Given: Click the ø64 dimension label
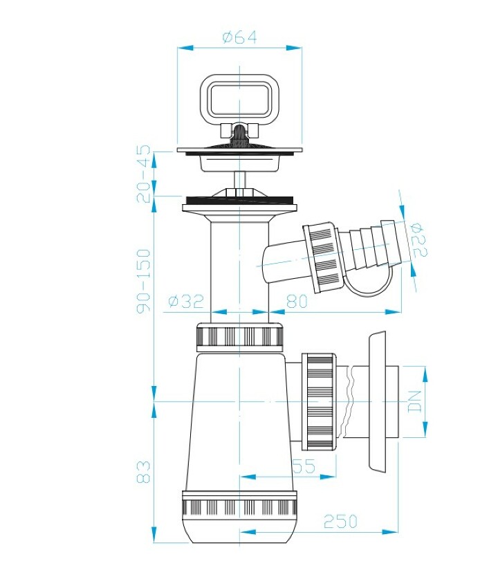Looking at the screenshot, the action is (x=239, y=37).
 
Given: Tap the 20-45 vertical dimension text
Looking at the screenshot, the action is (x=143, y=174).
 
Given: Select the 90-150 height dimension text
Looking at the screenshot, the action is (x=143, y=281).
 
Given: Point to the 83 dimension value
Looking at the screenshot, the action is (x=143, y=471).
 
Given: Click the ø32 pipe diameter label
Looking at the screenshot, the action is (x=186, y=302).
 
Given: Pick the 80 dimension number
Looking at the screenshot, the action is (x=297, y=302).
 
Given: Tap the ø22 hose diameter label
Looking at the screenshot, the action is (x=420, y=239).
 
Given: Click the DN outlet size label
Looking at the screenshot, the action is (x=415, y=401).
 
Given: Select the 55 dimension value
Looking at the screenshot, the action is (x=304, y=466).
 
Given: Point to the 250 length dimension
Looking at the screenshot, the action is (x=340, y=521).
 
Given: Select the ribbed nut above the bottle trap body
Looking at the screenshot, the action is (x=240, y=336).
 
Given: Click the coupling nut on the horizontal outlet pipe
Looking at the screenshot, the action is (x=319, y=402).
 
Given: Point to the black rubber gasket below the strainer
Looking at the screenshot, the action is (x=239, y=201).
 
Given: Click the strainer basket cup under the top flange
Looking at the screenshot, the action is (x=239, y=163).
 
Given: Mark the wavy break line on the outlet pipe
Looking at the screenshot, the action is (x=349, y=402).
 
